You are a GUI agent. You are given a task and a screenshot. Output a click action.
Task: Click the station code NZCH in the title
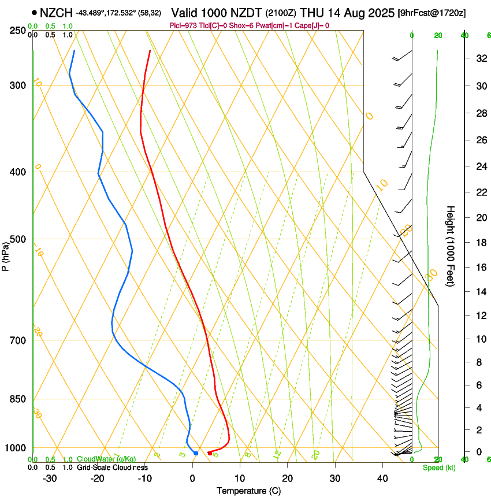tap(57, 12)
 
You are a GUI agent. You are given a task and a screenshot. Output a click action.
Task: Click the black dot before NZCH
tap(35, 12)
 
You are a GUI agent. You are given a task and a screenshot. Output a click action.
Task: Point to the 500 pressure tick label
tap(18, 239)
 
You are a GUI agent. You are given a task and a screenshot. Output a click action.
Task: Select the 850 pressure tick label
tap(18, 399)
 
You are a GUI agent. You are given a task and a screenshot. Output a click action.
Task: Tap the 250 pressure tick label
tap(18, 30)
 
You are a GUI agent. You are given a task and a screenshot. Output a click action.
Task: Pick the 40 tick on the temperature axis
tap(382, 478)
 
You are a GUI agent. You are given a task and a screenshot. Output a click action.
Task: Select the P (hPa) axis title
tap(6, 255)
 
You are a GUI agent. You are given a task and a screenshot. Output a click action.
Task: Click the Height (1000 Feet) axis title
tap(451, 246)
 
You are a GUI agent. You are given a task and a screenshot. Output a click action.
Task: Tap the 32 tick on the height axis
tap(479, 58)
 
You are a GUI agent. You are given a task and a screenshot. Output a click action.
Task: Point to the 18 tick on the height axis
tap(479, 242)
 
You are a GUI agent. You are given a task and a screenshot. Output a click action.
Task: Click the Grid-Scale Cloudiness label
tap(112, 468)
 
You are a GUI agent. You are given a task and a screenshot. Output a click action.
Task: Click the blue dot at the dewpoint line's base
tap(196, 453)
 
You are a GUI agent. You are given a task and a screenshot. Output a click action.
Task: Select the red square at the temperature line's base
tap(209, 453)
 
